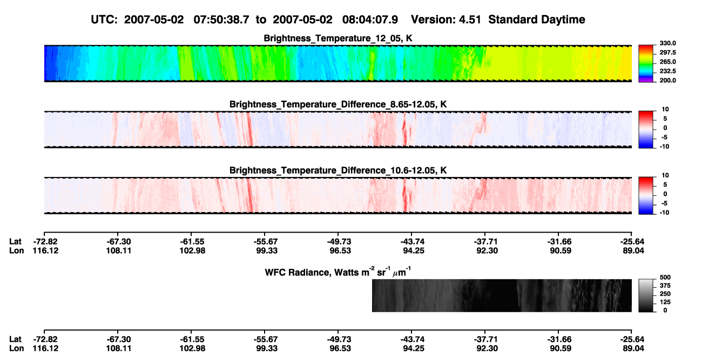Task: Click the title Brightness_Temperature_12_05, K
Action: [338, 38]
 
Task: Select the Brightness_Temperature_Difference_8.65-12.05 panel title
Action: [338, 104]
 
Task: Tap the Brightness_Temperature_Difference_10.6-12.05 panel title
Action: [338, 171]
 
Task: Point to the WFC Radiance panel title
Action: [338, 272]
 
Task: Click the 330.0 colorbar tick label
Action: [667, 43]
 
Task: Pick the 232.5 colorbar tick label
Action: [667, 71]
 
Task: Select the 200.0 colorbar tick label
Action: [667, 80]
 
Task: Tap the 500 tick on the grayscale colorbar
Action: [665, 277]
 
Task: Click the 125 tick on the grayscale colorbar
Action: [665, 302]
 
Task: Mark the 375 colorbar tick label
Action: [665, 286]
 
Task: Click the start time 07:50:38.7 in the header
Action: [221, 20]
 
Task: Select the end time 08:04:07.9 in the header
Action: [370, 20]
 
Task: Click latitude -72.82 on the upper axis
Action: [45, 242]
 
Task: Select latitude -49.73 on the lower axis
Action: [339, 339]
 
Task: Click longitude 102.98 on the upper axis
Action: [192, 250]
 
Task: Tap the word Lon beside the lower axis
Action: [17, 349]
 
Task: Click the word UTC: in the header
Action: [104, 20]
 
